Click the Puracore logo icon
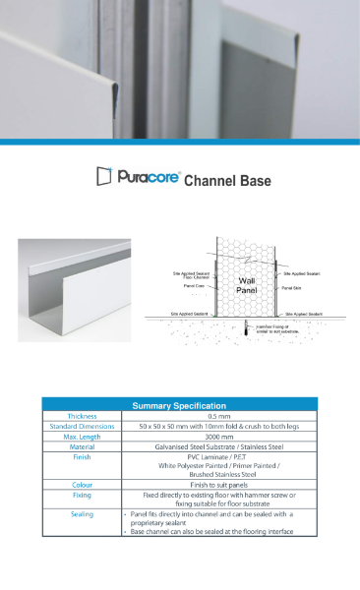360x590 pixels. click(x=103, y=177)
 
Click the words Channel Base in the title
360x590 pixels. click(x=227, y=181)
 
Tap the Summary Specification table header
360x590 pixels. click(x=180, y=404)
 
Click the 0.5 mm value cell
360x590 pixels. click(x=218, y=416)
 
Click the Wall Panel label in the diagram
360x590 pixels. click(x=247, y=285)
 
